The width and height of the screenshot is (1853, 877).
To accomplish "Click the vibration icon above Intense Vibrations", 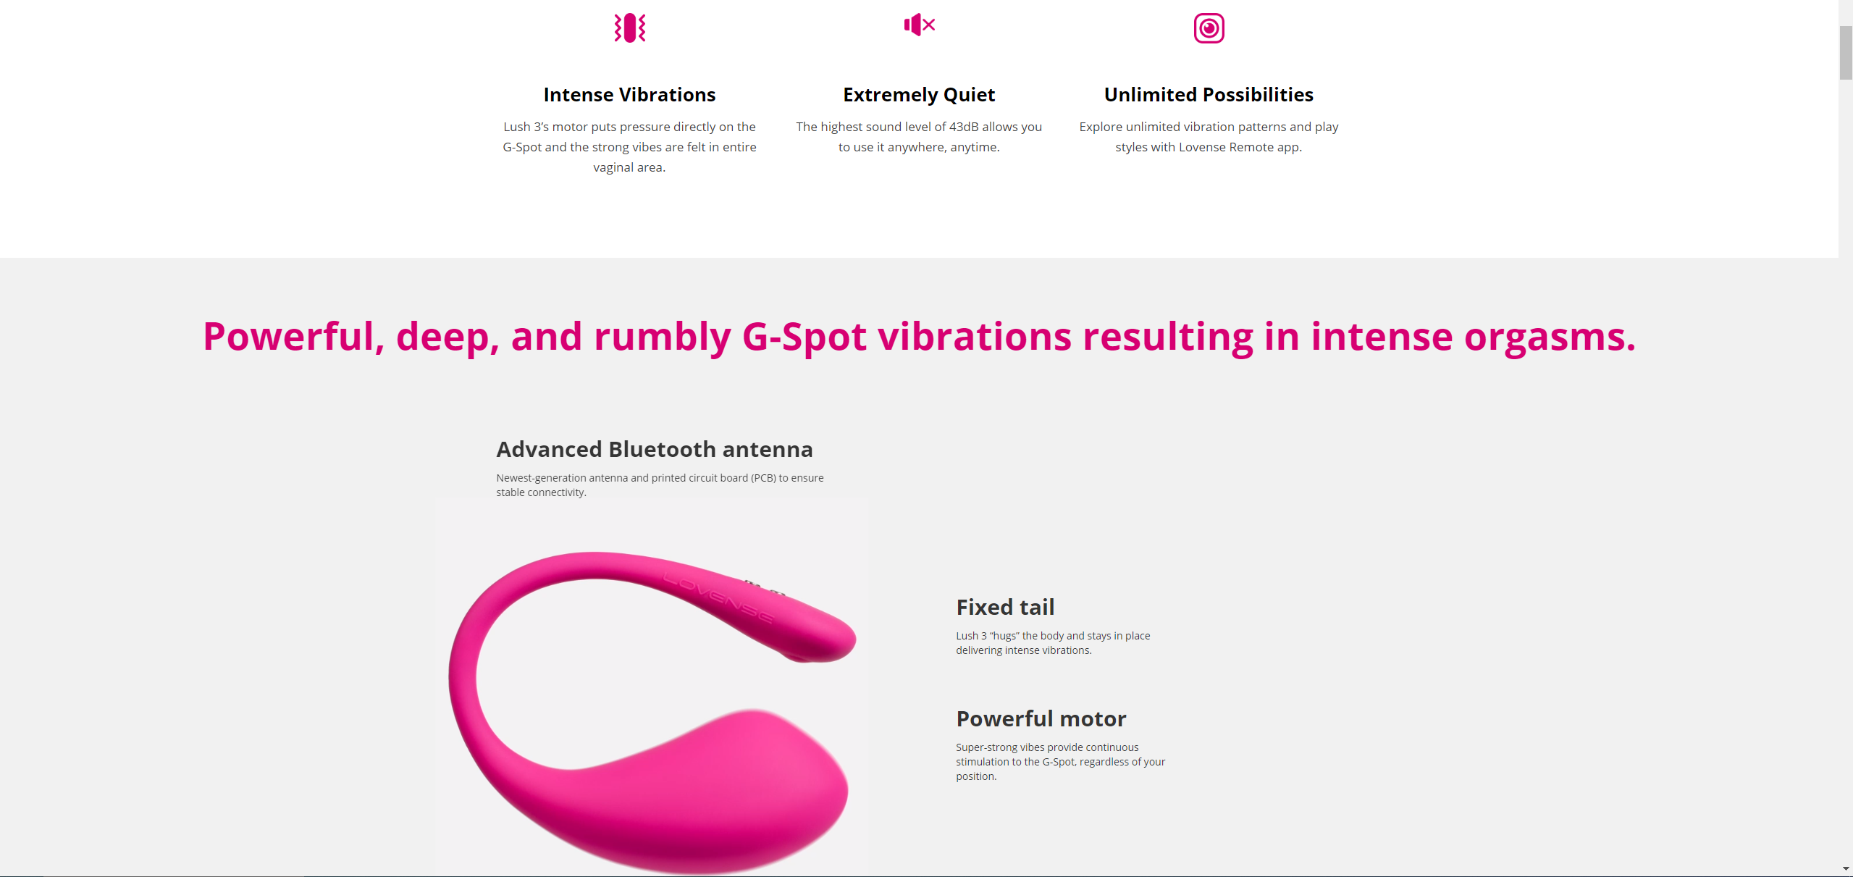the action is click(x=629, y=28).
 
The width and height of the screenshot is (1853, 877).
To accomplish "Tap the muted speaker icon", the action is click(x=919, y=25).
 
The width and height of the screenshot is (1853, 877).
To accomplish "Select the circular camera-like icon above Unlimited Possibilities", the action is click(x=1209, y=28).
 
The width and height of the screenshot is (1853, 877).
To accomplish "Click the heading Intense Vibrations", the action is click(x=629, y=95).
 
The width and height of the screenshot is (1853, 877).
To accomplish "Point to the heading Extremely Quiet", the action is click(x=919, y=95).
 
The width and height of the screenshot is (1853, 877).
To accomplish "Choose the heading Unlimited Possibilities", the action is click(x=1209, y=95).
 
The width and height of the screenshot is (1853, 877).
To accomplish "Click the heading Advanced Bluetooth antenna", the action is click(x=655, y=450).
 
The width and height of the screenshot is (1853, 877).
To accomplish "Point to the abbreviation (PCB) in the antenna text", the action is click(x=763, y=478).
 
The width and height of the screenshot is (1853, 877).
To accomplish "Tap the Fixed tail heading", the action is click(x=1005, y=607).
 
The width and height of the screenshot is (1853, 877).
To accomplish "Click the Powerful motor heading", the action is click(x=1041, y=718).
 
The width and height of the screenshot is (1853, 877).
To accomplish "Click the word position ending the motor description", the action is click(x=975, y=777).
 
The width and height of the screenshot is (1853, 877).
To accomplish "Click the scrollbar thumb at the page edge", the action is click(x=1846, y=53).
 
